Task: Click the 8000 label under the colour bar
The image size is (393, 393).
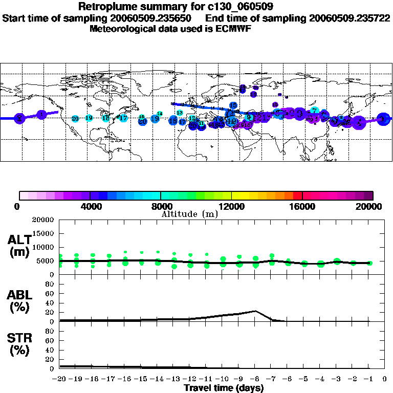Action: pyautogui.click(x=160, y=206)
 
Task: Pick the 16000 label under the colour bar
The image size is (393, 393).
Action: pyautogui.click(x=302, y=206)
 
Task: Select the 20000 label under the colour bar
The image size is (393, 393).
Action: pyautogui.click(x=373, y=206)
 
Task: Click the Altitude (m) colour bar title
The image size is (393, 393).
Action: pyautogui.click(x=189, y=214)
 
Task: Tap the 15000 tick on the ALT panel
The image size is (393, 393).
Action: pyautogui.click(x=43, y=233)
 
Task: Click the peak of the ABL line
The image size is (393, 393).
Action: pyautogui.click(x=255, y=311)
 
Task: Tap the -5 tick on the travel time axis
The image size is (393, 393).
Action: pyautogui.click(x=304, y=379)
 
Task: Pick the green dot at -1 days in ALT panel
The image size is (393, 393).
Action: pyautogui.click(x=370, y=263)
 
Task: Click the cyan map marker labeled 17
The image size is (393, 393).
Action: pyautogui.click(x=123, y=118)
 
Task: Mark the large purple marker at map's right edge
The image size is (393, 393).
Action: pyautogui.click(x=382, y=119)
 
